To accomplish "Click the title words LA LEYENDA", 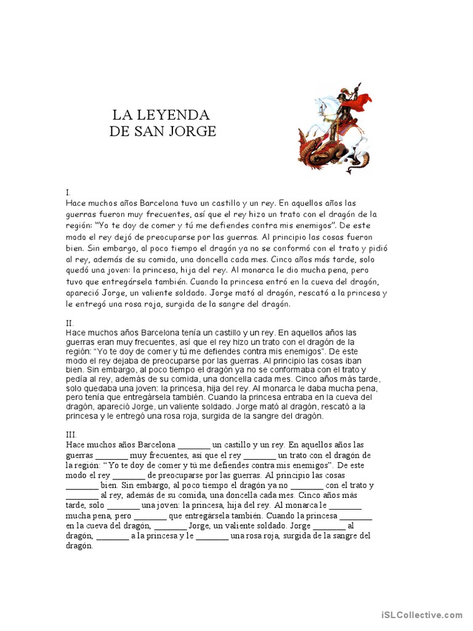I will coord(161,115).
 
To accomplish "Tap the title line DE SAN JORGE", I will coord(163,131).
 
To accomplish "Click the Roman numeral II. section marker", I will coord(69,322).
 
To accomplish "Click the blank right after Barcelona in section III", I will coord(193,445).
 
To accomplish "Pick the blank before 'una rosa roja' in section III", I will coord(212,535).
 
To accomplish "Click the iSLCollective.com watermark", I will coord(421,614).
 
